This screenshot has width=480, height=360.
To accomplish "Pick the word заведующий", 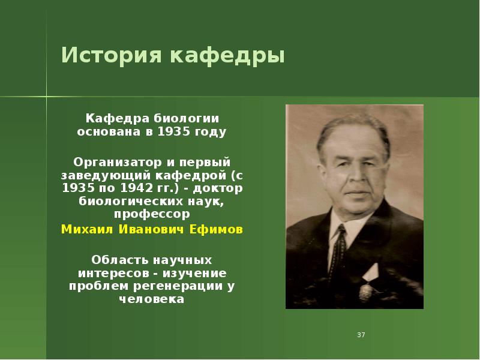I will (x=100, y=175).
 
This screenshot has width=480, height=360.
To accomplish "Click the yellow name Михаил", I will (x=85, y=230).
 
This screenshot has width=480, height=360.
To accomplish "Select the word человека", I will (x=151, y=299).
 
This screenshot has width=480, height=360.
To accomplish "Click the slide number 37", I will (x=361, y=334).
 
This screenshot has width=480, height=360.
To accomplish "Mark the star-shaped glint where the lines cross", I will (x=47, y=96).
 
